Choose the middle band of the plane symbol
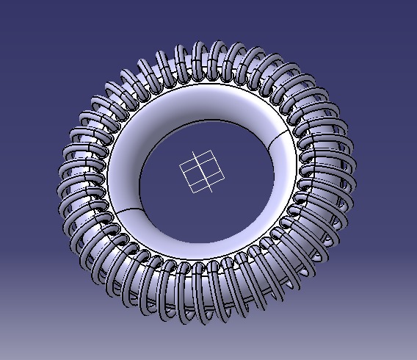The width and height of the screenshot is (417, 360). tap(202, 173)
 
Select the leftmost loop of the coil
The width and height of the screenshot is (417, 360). tap(68, 180)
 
